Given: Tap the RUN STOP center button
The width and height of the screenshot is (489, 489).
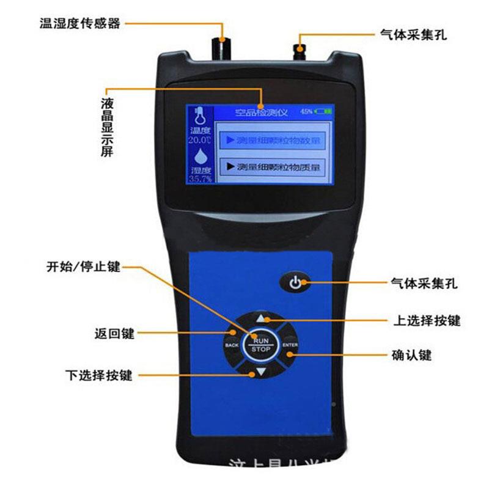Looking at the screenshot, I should click(x=261, y=344).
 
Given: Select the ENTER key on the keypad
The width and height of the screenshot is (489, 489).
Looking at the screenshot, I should click(x=290, y=345).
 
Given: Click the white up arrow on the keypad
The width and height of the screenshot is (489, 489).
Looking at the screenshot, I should click(x=261, y=318).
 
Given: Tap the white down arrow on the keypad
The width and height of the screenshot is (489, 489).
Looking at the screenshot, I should click(x=261, y=371).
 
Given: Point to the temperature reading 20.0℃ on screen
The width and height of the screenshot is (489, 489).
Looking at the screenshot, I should click(x=200, y=139).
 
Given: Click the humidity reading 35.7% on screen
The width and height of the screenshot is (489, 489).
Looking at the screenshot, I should click(x=200, y=179).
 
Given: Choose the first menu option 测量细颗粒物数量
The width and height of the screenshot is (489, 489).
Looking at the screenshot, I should click(x=273, y=141).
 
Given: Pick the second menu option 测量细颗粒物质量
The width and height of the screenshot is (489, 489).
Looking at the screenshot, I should click(x=273, y=166).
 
